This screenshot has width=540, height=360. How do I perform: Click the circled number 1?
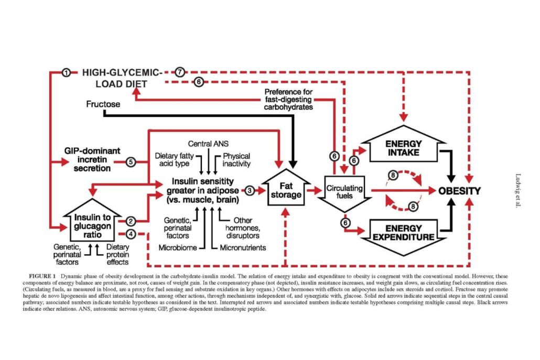tap(66, 73)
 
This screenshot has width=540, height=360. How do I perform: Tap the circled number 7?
tap(179, 72)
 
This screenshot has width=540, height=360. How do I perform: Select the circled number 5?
tap(131, 162)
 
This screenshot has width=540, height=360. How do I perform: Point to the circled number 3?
tap(250, 190)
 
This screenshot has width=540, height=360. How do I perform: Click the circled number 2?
tap(131, 221)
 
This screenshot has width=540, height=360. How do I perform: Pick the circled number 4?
tap(131, 234)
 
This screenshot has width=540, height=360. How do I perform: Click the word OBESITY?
tap(459, 191)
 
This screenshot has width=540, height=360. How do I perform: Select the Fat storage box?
tap(286, 188)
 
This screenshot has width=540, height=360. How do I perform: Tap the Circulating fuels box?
tap(344, 193)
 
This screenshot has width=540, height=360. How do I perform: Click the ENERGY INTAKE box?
tap(403, 145)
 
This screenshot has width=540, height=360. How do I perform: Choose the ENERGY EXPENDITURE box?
tap(403, 237)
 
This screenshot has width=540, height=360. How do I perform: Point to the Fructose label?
tap(103, 104)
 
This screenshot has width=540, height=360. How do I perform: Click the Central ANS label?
tap(208, 144)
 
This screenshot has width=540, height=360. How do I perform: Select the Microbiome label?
tap(178, 247)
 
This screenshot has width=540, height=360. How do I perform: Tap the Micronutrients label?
tap(243, 247)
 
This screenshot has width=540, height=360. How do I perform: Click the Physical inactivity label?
tap(236, 160)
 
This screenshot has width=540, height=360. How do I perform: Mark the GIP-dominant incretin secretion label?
tap(92, 159)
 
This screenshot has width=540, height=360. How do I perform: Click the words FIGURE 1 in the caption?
tap(42, 276)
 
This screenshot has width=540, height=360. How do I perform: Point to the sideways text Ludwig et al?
tap(518, 191)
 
